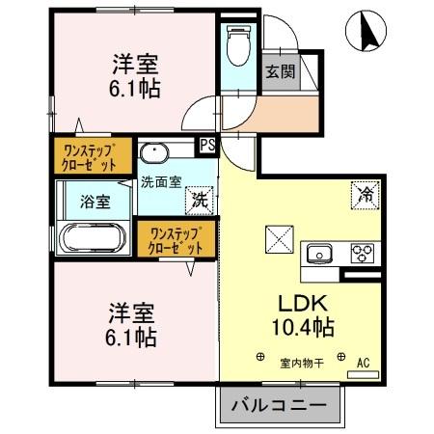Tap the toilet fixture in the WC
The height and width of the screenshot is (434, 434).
(236, 43)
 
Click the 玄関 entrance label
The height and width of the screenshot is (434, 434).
(280, 70)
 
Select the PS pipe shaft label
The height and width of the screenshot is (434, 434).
(206, 146)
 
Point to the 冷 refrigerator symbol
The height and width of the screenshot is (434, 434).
(366, 194)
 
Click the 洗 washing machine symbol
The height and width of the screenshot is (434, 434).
(200, 202)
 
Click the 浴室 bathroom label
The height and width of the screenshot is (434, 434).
(94, 203)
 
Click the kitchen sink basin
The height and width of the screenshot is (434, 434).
(319, 254)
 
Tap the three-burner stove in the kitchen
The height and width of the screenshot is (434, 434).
(363, 253)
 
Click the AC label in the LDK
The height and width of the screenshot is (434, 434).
(364, 363)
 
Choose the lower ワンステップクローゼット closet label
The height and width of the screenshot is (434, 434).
(175, 240)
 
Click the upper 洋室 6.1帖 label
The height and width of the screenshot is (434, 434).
(134, 74)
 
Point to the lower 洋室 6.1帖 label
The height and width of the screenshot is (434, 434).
(132, 326)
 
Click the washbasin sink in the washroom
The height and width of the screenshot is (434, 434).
(156, 153)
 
